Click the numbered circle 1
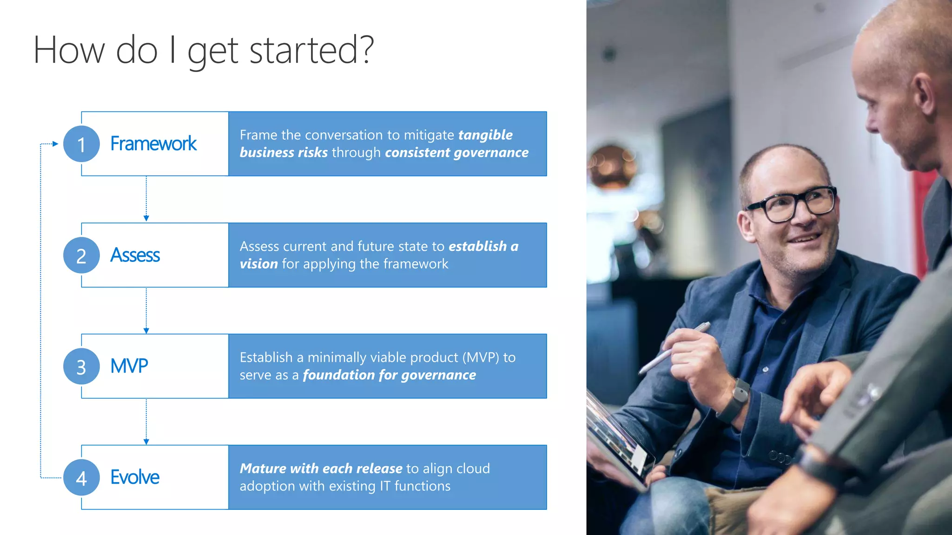[81, 144]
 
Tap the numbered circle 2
[81, 255]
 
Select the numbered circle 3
[81, 366]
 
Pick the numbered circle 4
[81, 477]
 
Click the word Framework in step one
[153, 144]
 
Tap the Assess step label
[135, 255]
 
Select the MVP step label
[129, 366]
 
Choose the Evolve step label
[135, 477]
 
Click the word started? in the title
[311, 50]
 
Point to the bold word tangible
[485, 135]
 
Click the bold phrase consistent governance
[456, 153]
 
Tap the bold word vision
[258, 264]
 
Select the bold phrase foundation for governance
[389, 375]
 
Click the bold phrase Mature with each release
[321, 469]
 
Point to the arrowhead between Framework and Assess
[146, 218]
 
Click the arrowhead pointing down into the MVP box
[146, 331]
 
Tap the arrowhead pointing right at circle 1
[55, 144]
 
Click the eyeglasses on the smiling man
[793, 203]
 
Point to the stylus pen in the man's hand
[674, 348]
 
